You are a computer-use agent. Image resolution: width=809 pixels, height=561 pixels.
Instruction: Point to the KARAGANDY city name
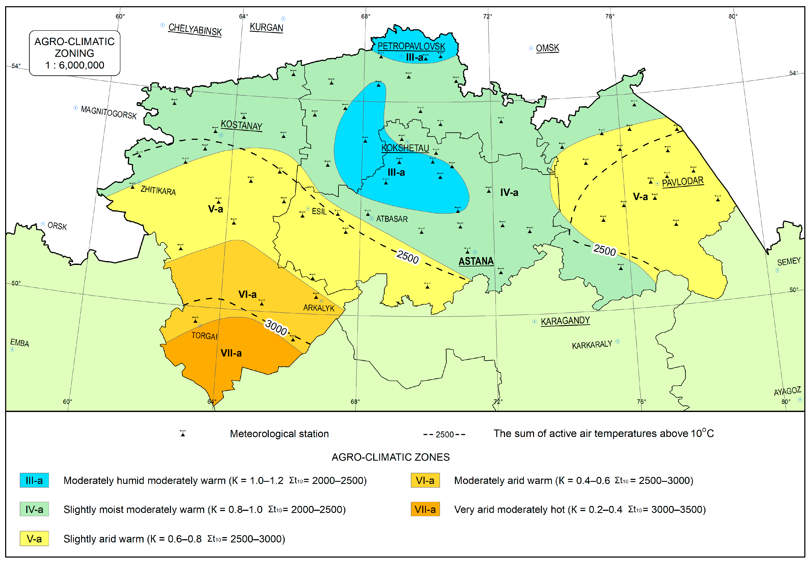[x=565, y=321]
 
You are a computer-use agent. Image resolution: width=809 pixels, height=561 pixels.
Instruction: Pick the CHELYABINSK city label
[x=195, y=29]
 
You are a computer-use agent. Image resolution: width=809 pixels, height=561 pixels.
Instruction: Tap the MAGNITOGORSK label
[x=109, y=112]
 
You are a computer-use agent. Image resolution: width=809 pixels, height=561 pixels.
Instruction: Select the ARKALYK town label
[x=318, y=308]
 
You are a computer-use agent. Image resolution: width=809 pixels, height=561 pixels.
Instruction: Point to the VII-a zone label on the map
[x=231, y=353]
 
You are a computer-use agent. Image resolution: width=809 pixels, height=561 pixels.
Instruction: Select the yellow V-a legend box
[x=34, y=539]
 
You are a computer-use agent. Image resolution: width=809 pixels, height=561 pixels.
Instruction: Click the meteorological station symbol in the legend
[x=183, y=433]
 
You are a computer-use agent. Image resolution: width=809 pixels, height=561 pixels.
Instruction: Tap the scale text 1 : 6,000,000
[x=74, y=65]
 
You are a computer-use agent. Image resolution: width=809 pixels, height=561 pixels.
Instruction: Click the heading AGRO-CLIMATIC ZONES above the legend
[x=390, y=457]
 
